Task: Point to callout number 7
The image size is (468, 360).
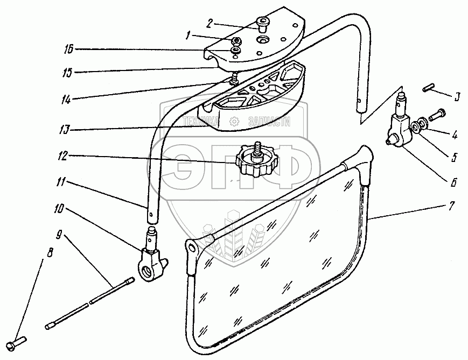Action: tap(452, 206)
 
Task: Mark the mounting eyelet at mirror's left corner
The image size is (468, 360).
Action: tap(191, 246)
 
